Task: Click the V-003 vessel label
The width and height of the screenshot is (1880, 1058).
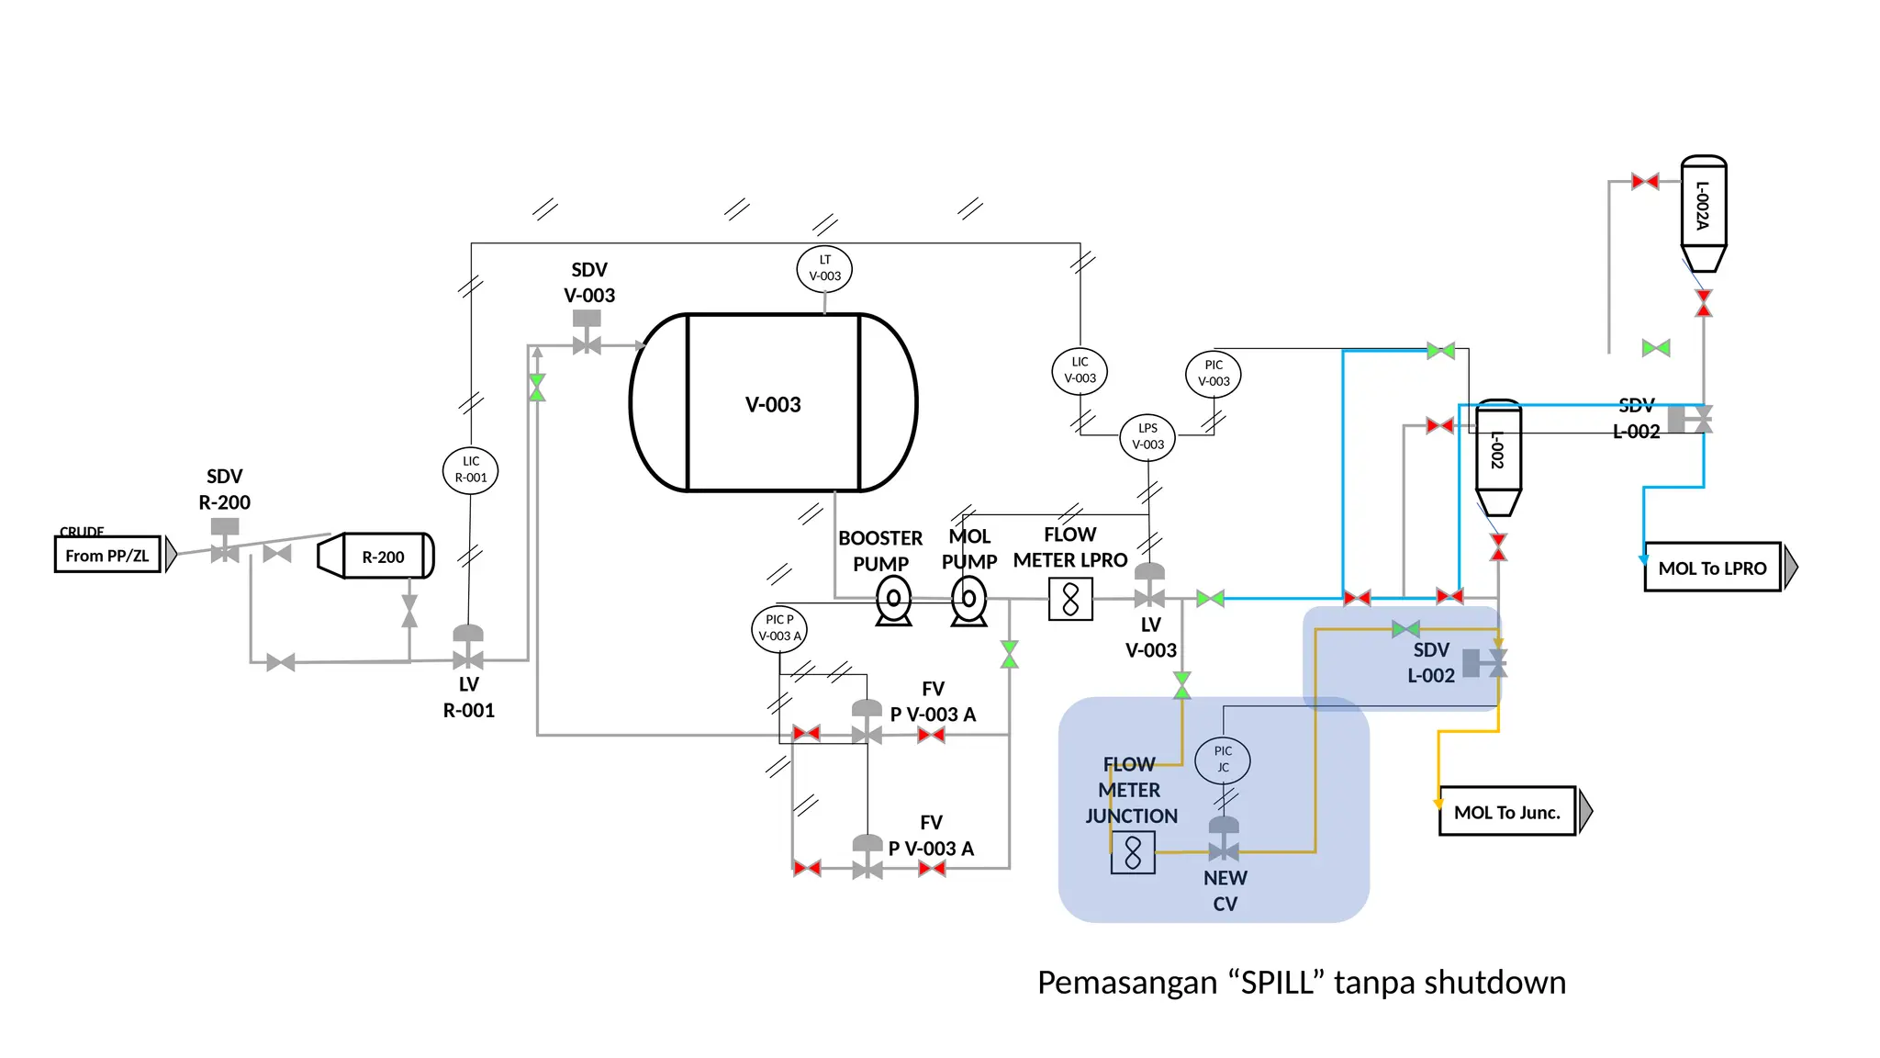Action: pos(773,405)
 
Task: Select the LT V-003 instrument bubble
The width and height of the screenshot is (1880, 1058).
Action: pos(824,268)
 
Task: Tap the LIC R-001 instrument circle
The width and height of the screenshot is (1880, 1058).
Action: pos(470,470)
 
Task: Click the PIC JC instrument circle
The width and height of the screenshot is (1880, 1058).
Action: pos(1223,760)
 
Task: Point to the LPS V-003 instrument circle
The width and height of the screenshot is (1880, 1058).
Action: pos(1147,436)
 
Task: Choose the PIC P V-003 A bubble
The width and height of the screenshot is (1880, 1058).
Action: pos(779,628)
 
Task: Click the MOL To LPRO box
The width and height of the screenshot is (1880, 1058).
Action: pos(1712,568)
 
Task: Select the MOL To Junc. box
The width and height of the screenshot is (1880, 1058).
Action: pos(1506,812)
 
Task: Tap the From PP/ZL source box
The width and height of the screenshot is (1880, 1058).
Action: pos(107,555)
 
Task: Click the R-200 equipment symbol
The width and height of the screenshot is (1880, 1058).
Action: pos(376,557)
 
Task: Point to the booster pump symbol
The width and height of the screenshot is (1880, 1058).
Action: pos(893,601)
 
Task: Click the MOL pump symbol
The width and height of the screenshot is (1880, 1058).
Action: pos(968,601)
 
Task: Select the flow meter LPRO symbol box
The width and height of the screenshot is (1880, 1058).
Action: pos(1070,600)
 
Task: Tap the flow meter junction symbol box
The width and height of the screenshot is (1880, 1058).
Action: pos(1133,852)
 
